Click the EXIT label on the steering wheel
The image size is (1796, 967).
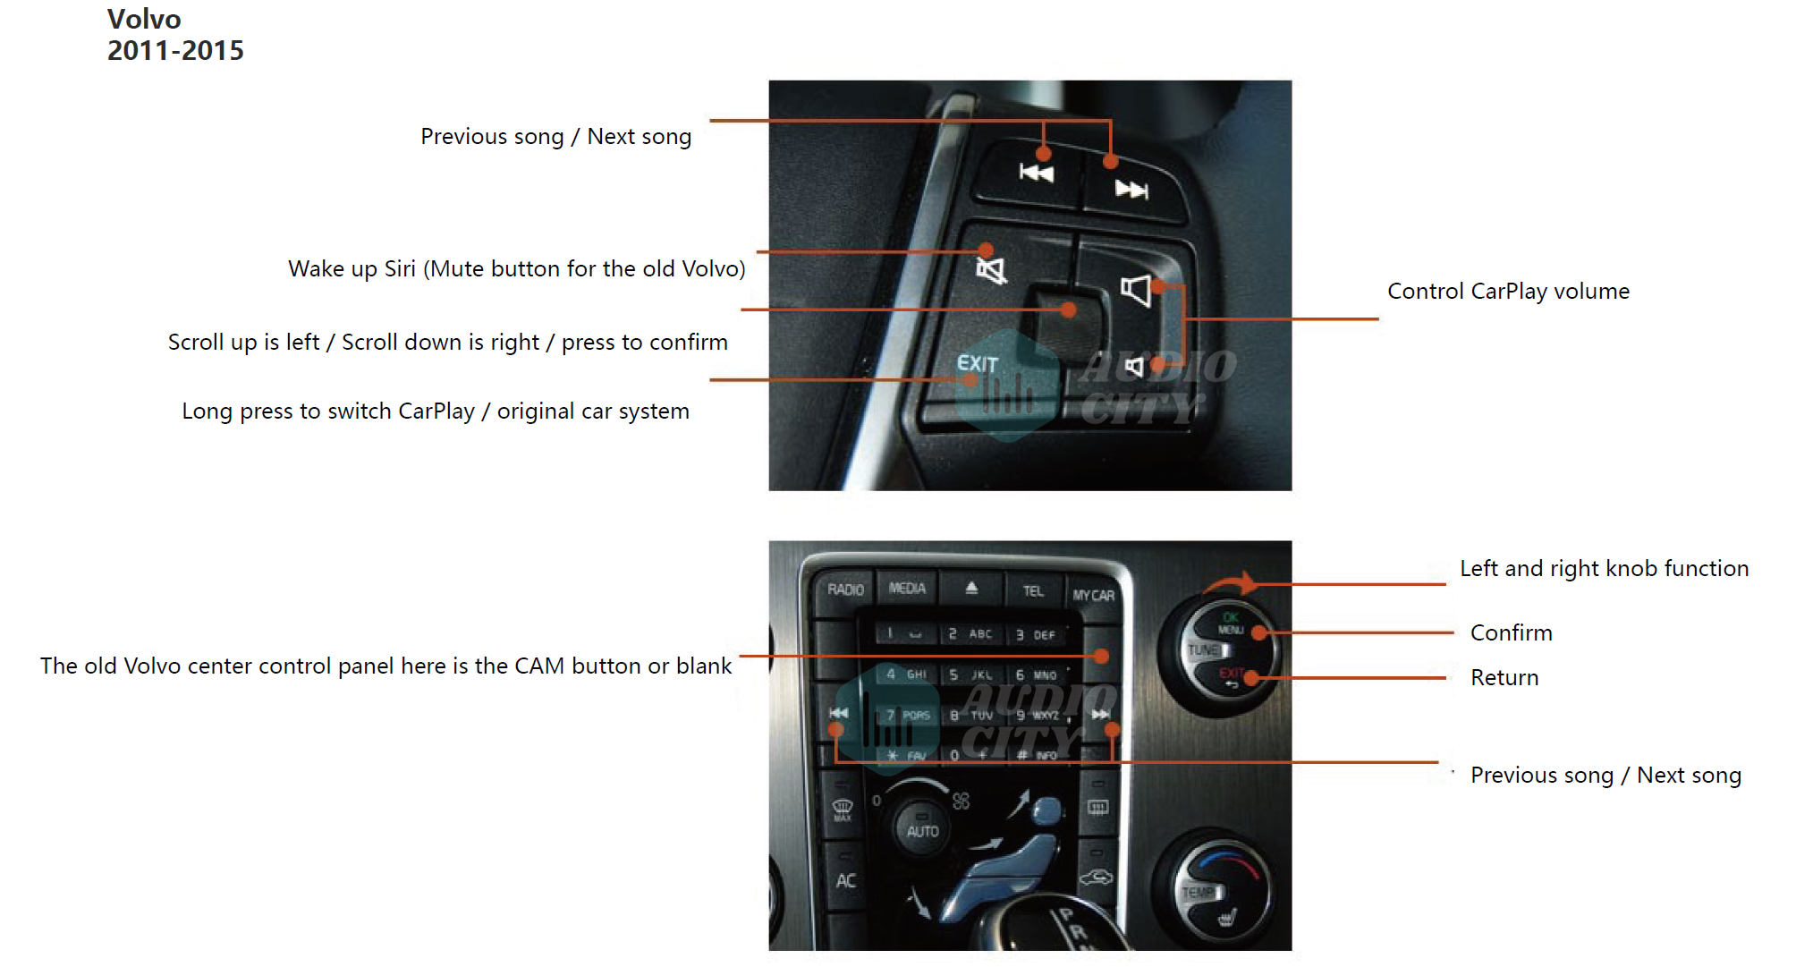click(977, 363)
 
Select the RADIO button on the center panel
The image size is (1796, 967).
click(845, 590)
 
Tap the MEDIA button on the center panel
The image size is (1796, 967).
click(907, 588)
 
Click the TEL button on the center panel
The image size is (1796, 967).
click(1033, 591)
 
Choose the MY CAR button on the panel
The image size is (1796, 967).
click(1094, 595)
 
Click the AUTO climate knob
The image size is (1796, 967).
click(922, 830)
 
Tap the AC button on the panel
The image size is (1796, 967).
click(845, 881)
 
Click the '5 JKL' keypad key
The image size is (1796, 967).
click(971, 674)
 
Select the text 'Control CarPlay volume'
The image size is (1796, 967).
click(1508, 291)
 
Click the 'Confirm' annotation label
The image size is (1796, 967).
click(1511, 632)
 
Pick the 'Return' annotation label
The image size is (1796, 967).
click(1504, 677)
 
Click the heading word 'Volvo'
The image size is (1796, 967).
click(144, 19)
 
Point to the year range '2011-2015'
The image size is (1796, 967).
click(175, 50)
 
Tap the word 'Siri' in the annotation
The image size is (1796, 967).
click(400, 268)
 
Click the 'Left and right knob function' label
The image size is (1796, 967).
click(1604, 568)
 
